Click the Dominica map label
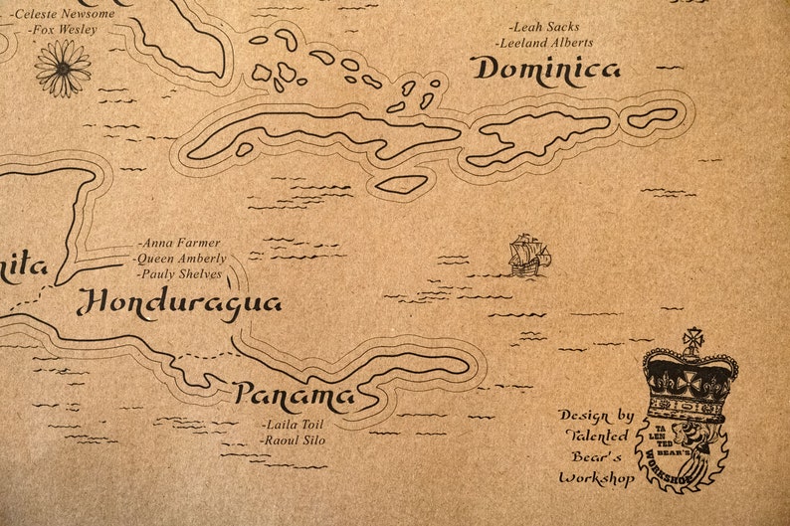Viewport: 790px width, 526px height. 545,70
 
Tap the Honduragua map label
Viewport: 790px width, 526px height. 179,303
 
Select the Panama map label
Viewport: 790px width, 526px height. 294,397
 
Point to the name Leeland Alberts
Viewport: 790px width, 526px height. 546,43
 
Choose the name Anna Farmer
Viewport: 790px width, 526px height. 179,243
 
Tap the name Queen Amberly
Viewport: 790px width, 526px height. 180,258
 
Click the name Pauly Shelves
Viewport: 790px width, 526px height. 180,273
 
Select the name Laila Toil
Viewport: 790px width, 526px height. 293,424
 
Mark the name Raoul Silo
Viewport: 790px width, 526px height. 293,438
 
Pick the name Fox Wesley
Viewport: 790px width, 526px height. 63,30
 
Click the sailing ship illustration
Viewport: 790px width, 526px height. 528,256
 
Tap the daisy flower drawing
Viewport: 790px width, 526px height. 63,67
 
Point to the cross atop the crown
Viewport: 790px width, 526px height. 692,338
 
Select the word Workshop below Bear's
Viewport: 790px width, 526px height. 596,478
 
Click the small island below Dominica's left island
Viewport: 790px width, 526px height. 402,184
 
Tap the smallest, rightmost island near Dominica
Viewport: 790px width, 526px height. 653,117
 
